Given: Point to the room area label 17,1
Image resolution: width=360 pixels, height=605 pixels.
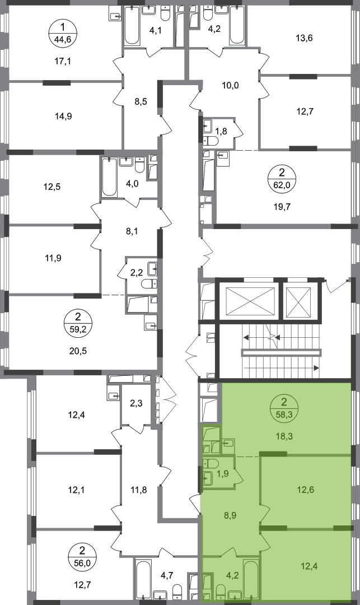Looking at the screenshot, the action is point(63,61).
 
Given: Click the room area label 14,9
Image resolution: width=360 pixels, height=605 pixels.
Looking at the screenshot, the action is point(64,116).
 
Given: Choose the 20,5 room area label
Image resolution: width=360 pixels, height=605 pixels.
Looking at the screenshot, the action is point(78,351).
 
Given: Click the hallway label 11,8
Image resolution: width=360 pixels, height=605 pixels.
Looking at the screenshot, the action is point(138,490).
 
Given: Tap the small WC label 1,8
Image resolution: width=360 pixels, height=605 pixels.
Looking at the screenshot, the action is point(221,131).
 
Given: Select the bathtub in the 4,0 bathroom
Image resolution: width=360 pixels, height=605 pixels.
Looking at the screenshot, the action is point(110,177).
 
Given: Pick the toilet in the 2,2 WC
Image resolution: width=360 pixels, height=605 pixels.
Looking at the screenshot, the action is point(149,285).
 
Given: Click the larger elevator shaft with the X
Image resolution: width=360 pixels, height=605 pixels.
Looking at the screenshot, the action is point(247,302).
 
